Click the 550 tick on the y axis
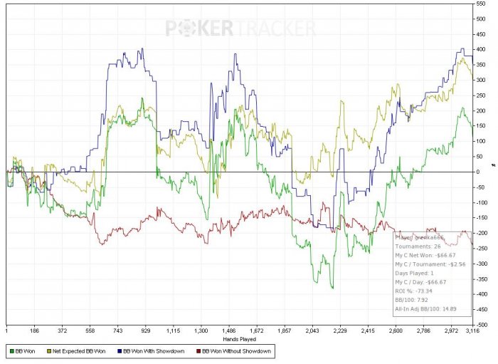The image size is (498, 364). [x=482, y=4]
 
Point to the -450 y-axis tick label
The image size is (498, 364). [x=482, y=310]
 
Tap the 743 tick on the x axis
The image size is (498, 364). [x=118, y=331]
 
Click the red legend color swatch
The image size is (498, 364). [x=197, y=351]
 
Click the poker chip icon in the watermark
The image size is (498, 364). [x=199, y=28]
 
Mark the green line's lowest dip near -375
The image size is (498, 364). [x=332, y=288]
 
